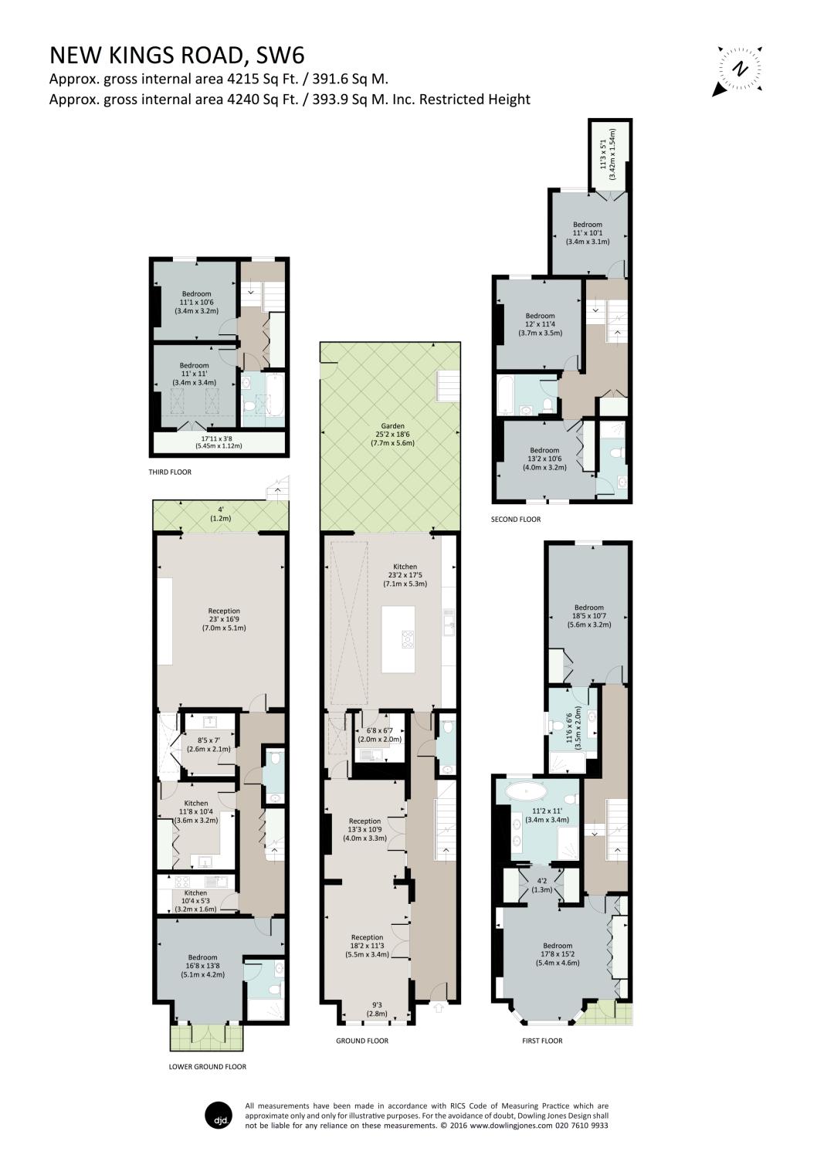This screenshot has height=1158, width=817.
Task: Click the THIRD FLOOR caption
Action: tap(170, 472)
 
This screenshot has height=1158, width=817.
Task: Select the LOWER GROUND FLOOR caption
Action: tap(207, 1067)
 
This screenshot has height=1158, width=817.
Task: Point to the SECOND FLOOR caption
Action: tap(516, 520)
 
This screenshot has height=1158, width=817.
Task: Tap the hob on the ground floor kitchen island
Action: tap(407, 638)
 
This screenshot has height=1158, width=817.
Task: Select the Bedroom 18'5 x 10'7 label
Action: tap(588, 616)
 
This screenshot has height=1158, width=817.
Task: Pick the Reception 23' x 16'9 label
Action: tap(224, 619)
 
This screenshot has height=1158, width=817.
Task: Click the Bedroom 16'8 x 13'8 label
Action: tap(202, 966)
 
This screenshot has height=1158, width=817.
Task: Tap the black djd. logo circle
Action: tap(219, 1115)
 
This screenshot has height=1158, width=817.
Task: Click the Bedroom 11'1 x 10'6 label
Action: tap(196, 302)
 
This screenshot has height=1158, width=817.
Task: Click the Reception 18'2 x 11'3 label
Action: tap(366, 946)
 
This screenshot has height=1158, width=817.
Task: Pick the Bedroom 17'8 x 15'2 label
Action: tap(557, 953)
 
